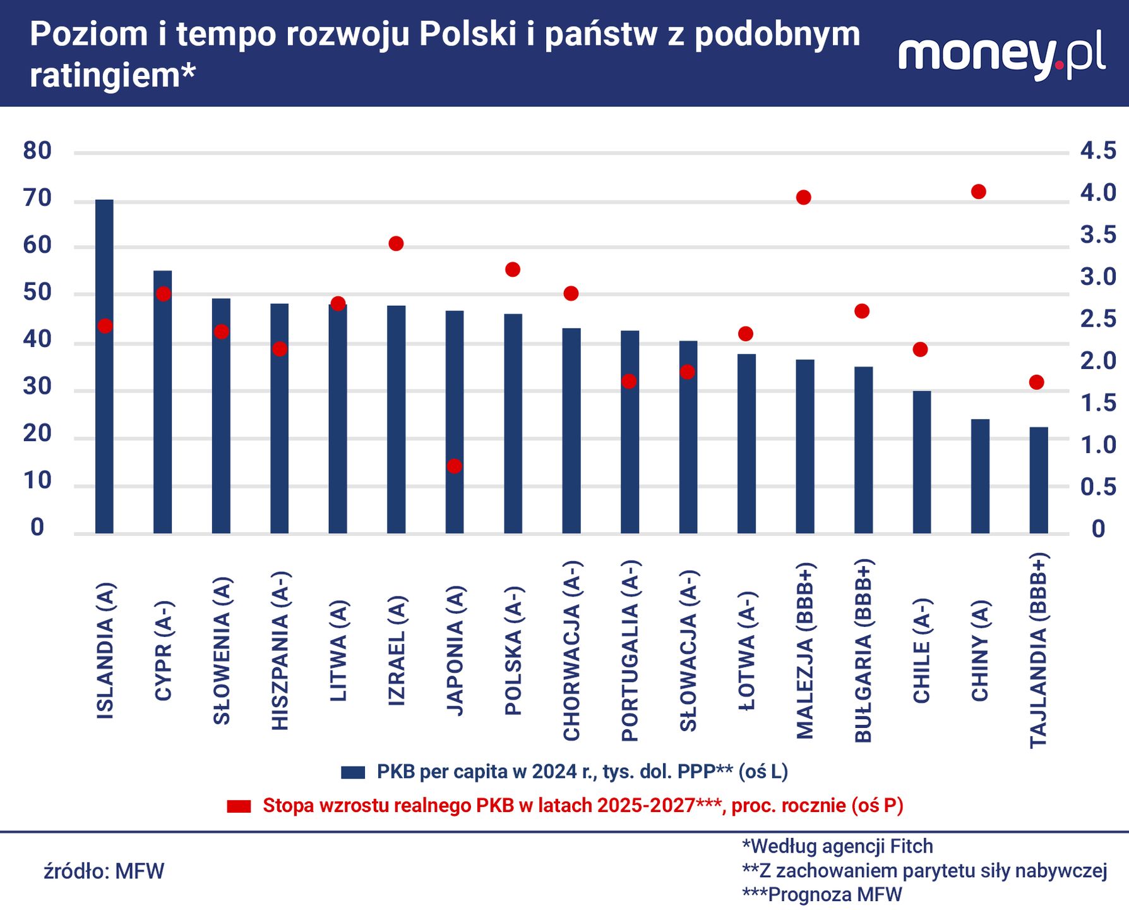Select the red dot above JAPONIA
[455, 466]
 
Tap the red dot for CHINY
[979, 191]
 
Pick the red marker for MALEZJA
[804, 198]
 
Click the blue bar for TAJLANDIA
[1039, 480]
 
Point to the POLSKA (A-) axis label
[513, 651]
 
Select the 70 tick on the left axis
[37, 198]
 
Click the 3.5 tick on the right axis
[1097, 235]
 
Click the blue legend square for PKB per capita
[353, 772]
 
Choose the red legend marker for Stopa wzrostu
[239, 806]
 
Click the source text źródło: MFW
[104, 871]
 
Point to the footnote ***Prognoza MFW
[822, 895]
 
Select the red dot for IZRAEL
[396, 244]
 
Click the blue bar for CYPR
[163, 402]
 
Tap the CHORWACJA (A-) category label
[571, 651]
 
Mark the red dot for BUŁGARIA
[862, 311]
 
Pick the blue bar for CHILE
[922, 462]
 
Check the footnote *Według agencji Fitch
[837, 846]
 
